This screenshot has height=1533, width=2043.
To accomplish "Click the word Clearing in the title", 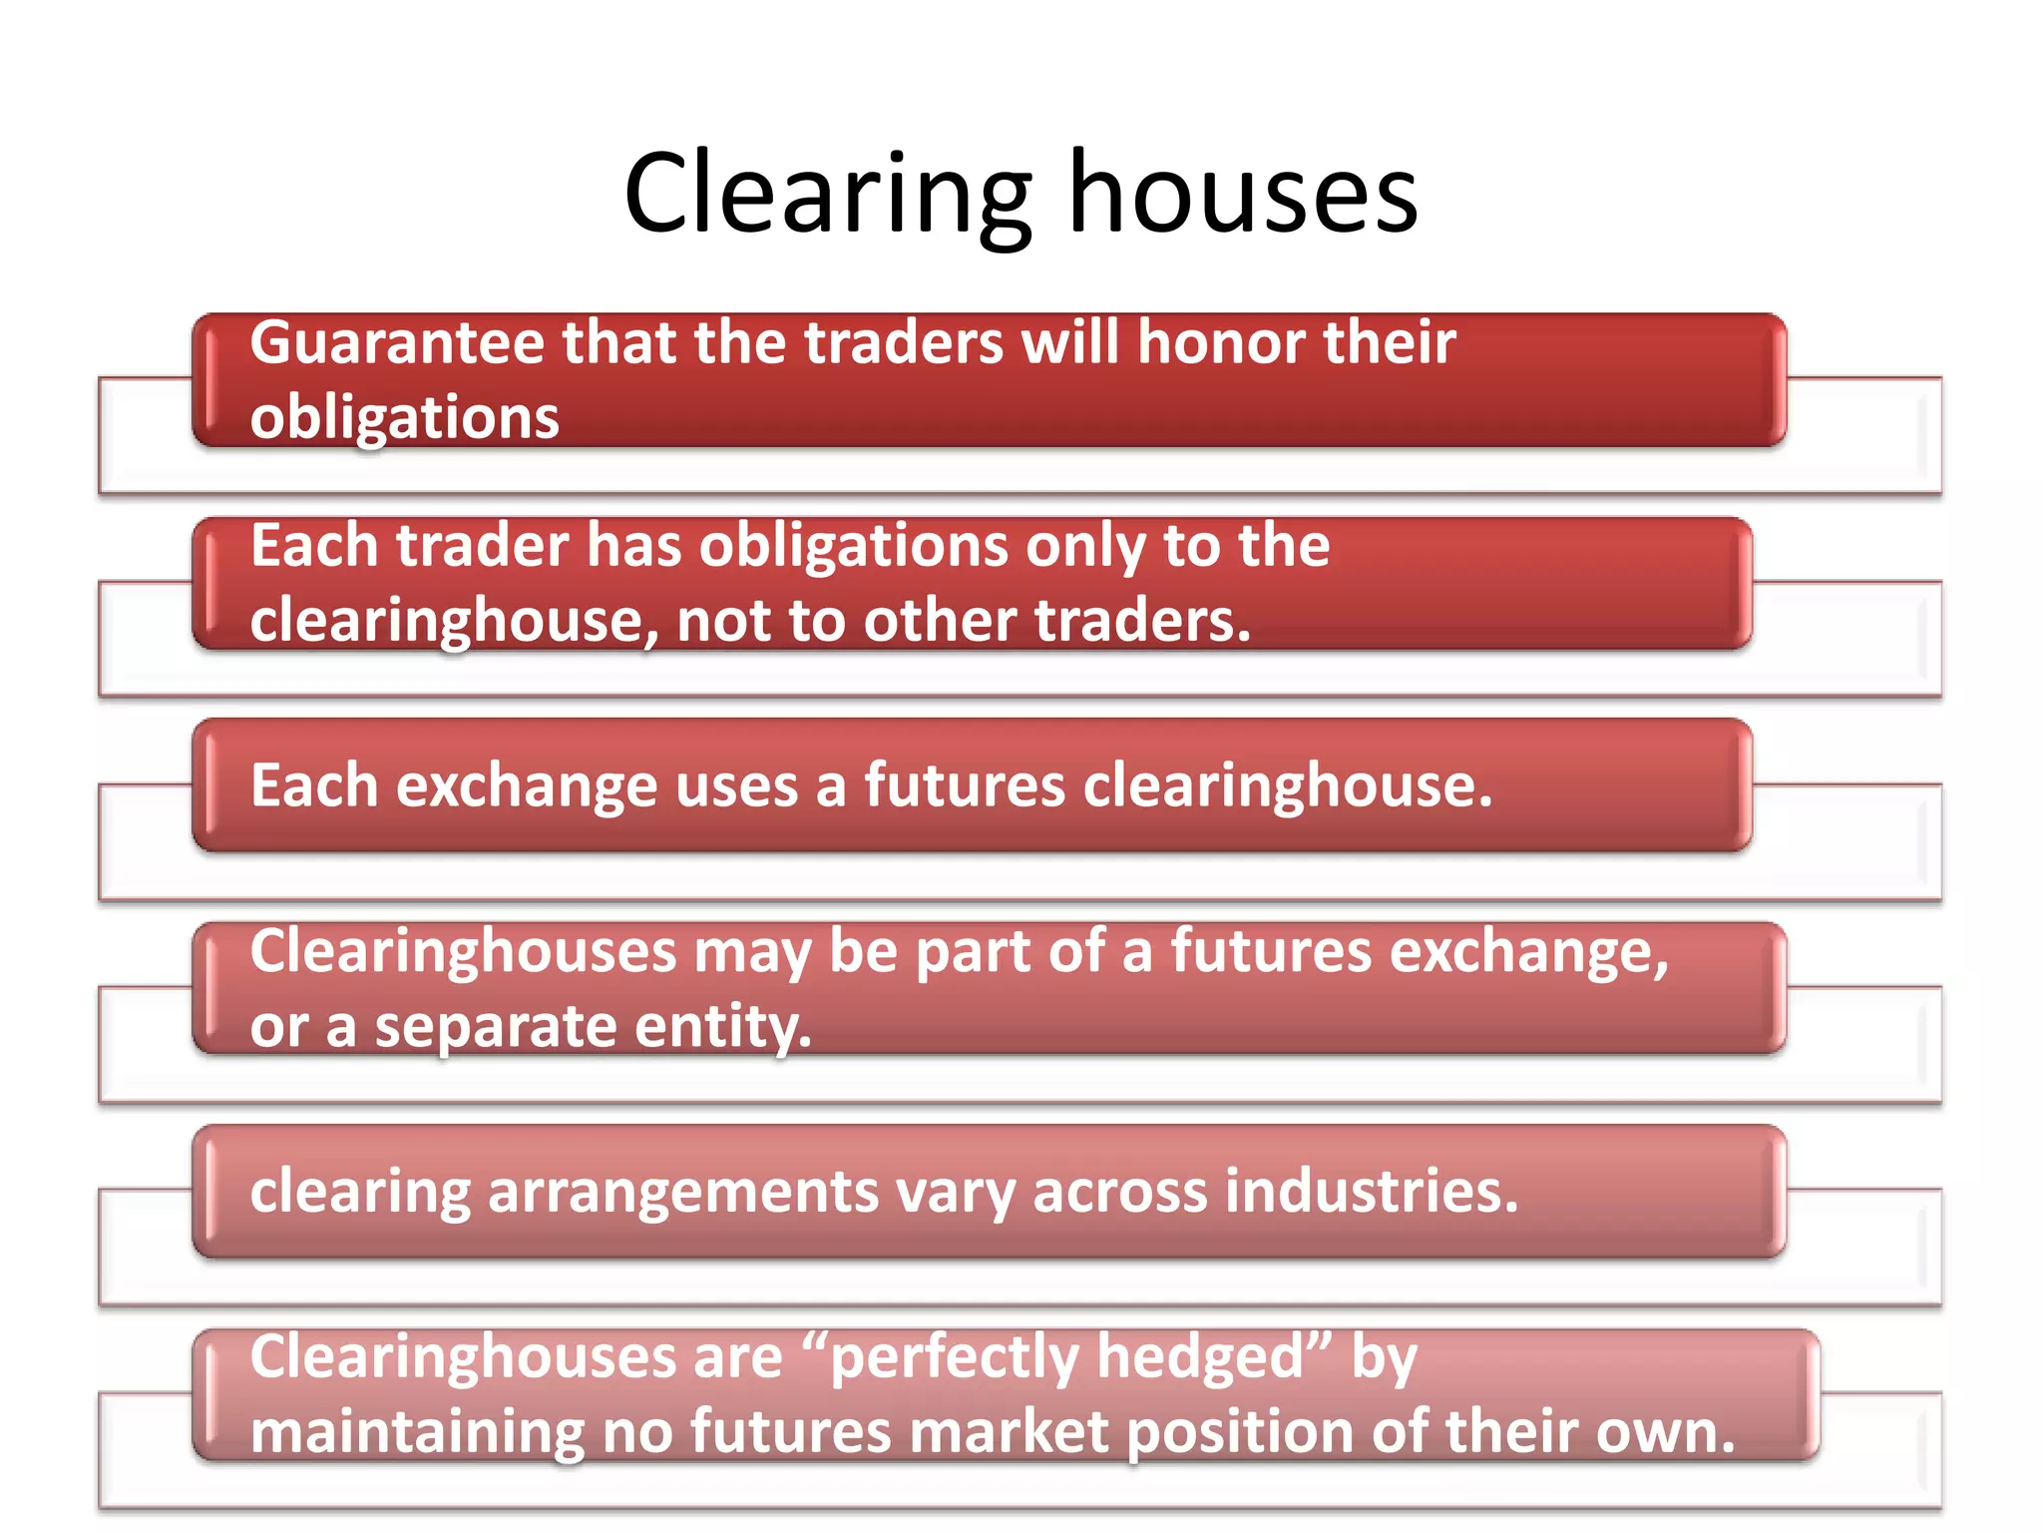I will pos(827,195).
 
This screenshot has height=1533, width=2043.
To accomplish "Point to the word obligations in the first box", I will pos(404,417).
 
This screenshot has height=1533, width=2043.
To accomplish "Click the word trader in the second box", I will pos(482,547).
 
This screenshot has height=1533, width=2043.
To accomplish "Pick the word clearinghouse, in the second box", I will pos(454,621).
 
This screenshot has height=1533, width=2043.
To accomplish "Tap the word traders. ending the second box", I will pos(1142,621).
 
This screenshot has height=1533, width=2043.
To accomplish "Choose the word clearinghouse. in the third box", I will pos(1288,785).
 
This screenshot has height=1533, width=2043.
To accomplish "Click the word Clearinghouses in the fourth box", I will pos(463,951).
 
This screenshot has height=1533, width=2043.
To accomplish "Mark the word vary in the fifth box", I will pos(955,1192).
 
